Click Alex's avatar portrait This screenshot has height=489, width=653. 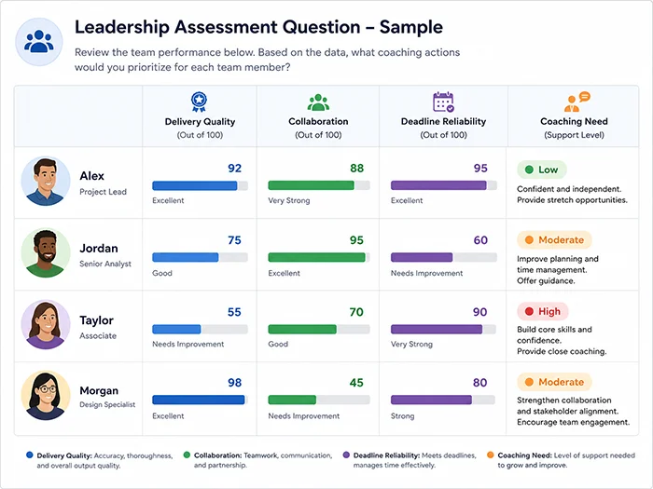point(46,182)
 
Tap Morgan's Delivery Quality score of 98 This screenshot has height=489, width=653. point(234,383)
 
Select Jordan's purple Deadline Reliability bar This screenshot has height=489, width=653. point(422,257)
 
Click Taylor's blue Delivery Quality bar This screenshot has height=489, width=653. point(176,330)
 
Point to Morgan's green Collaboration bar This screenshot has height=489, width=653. point(292,400)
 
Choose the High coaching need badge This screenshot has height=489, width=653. point(543,311)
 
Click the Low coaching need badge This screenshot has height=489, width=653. point(541,170)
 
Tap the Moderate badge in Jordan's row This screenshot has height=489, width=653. point(554,240)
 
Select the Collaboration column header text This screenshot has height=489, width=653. point(318,121)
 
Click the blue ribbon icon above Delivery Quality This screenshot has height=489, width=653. point(199,102)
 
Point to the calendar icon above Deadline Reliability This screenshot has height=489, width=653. point(443,102)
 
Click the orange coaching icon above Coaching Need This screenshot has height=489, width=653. point(577,102)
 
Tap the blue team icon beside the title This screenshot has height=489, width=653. point(39,42)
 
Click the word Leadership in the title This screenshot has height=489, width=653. point(122,27)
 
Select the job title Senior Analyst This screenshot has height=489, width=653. point(105,264)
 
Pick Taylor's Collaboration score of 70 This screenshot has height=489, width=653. point(356,312)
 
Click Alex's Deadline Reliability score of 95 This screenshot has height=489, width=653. point(480,168)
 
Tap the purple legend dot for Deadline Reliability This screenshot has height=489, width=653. point(346,455)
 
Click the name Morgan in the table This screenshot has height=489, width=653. point(99,391)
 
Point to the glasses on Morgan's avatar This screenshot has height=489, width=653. point(47,389)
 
